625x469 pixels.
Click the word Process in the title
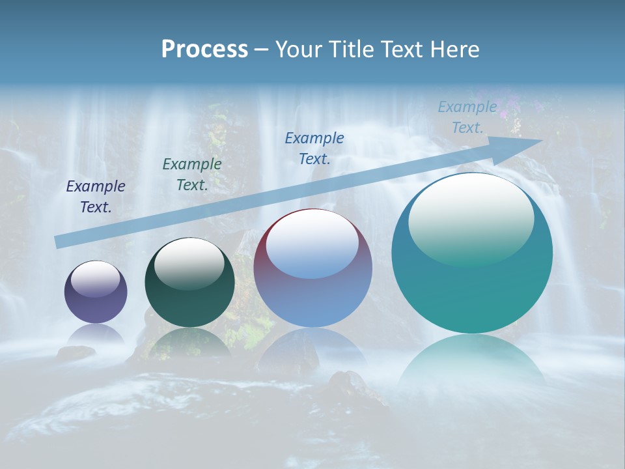tap(204, 50)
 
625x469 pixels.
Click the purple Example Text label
tap(96, 197)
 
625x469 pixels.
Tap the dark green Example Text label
tap(192, 175)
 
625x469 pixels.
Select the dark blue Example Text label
tap(314, 149)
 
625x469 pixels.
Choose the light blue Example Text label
tap(467, 117)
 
